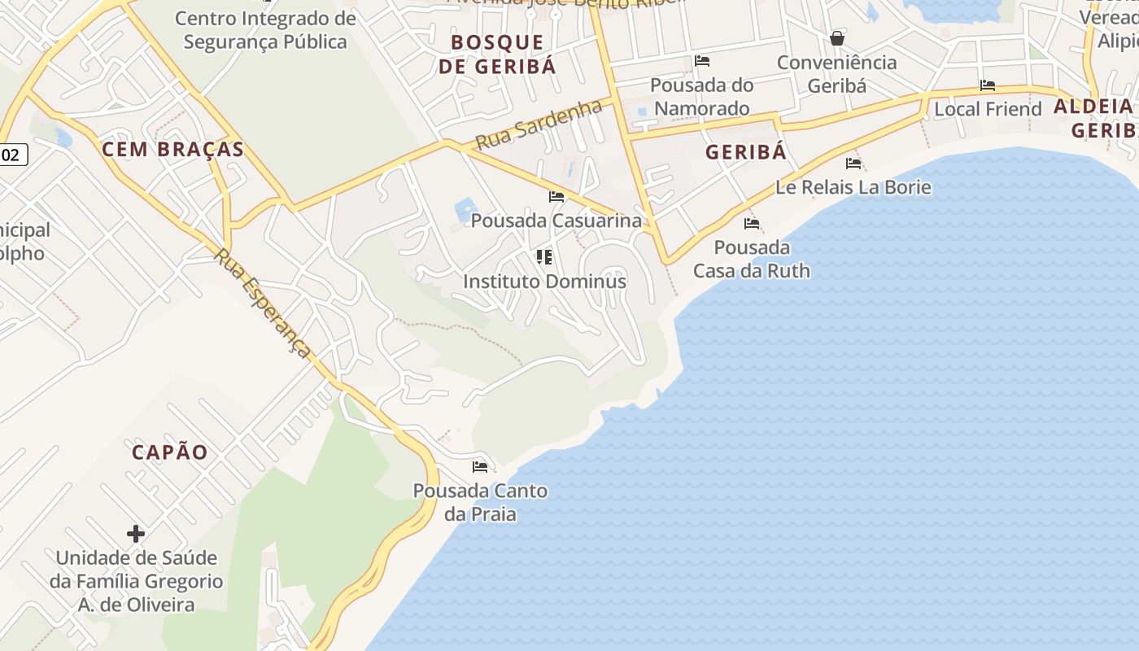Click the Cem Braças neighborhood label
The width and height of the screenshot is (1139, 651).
(x=172, y=150)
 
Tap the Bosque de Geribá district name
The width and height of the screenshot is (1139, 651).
(x=497, y=55)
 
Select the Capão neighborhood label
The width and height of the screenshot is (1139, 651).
(x=170, y=452)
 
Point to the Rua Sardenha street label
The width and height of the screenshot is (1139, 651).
(x=539, y=125)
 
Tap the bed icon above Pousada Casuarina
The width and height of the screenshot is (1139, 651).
(x=556, y=197)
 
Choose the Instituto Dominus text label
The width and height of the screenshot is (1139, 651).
(x=544, y=282)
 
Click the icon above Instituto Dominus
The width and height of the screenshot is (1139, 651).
(x=544, y=258)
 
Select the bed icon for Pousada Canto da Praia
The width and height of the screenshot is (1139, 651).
(x=480, y=467)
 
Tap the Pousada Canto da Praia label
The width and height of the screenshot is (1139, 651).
(x=480, y=502)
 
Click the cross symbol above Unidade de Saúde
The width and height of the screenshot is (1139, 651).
(x=136, y=534)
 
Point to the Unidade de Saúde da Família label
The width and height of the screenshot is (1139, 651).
(x=136, y=581)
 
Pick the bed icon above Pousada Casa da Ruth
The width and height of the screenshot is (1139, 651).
(x=752, y=224)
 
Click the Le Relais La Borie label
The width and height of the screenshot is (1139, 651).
(x=853, y=187)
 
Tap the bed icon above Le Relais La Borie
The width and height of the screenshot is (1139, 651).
(x=853, y=164)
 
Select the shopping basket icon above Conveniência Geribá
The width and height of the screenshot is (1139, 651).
(x=836, y=38)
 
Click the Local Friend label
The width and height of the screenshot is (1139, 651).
(x=988, y=109)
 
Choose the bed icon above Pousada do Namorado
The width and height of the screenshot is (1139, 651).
(x=702, y=61)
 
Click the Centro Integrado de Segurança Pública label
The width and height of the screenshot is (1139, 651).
(x=265, y=30)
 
